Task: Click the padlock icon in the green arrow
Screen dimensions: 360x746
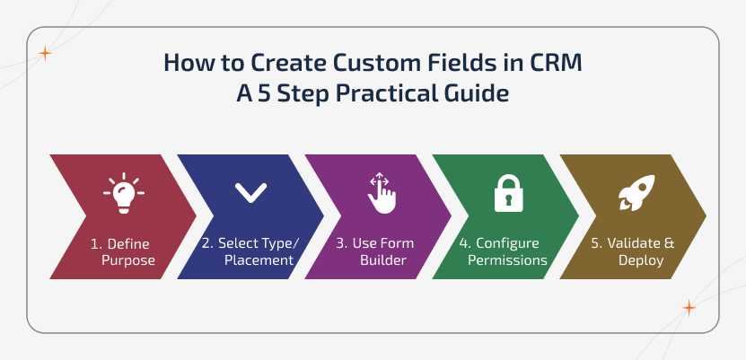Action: (507, 191)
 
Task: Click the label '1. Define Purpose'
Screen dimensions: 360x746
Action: (123, 252)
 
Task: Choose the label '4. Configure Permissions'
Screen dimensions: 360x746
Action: (504, 252)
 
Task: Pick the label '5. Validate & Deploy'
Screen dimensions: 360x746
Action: (635, 252)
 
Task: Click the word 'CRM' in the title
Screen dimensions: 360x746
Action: (550, 65)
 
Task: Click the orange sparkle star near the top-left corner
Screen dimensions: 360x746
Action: (45, 53)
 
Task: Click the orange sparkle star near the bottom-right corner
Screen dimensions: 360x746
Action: (689, 308)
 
